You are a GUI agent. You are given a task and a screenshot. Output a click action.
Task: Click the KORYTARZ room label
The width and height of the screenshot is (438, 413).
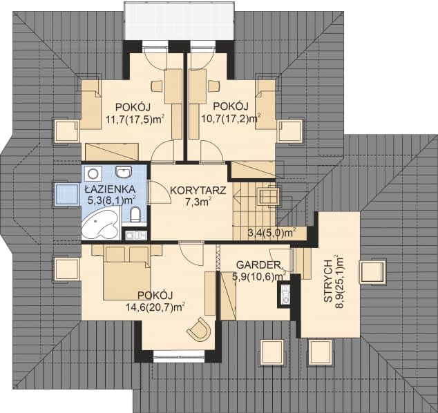click(198, 191)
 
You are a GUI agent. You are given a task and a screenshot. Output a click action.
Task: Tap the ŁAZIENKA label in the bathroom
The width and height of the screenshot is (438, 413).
click(110, 189)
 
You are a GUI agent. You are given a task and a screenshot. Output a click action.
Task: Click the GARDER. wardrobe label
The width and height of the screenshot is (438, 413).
click(260, 265)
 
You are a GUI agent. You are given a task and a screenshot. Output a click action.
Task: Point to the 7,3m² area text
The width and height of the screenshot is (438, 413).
click(198, 202)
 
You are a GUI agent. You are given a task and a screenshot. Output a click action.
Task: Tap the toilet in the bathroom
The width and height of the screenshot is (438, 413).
click(135, 214)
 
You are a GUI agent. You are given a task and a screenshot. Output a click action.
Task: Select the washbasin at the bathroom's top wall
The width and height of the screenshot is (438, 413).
click(124, 171)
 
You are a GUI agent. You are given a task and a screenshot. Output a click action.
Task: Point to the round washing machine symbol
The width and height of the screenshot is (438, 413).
click(93, 173)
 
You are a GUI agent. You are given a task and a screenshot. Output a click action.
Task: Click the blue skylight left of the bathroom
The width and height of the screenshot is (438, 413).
click(66, 195)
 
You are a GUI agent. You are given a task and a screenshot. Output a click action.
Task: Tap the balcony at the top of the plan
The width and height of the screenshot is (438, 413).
click(179, 21)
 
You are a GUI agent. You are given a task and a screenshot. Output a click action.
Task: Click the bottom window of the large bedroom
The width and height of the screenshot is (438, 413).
click(180, 356)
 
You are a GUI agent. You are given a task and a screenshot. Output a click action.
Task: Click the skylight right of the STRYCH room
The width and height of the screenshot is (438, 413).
click(374, 271)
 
